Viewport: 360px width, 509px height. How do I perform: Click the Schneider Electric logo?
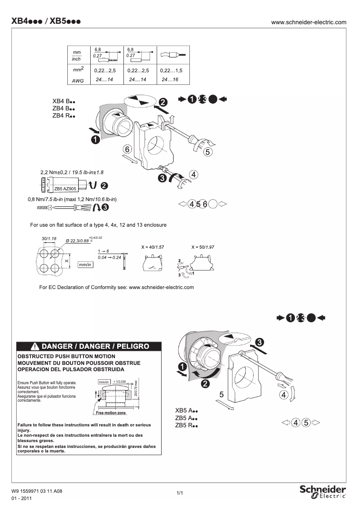322,491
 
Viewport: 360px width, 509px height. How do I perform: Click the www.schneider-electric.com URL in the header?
309,22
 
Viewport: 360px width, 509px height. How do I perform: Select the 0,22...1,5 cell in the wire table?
173,71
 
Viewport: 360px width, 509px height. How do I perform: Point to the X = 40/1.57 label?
152,247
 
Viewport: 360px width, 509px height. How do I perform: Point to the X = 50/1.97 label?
202,247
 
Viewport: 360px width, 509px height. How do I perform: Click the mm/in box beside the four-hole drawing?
85,265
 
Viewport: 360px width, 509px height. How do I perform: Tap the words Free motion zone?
110,412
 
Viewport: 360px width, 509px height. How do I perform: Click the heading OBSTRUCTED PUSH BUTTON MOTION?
66,356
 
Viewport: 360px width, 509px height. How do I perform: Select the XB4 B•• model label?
63,101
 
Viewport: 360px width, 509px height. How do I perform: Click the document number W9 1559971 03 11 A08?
37,491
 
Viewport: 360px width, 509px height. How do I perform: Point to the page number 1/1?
180,493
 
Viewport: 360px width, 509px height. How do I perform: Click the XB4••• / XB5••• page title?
46,22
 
